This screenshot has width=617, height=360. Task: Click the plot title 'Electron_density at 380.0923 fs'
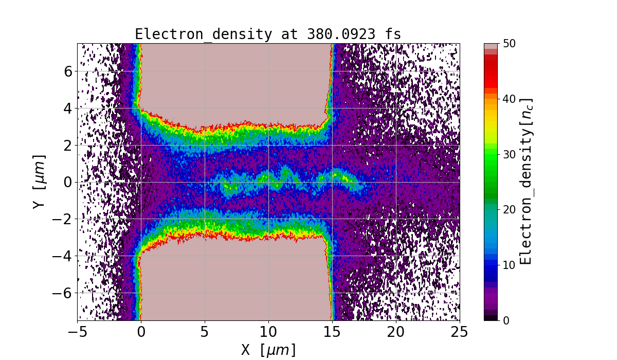tap(268, 34)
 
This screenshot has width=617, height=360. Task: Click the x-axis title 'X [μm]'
tap(268, 350)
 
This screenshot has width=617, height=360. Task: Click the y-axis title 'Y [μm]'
tap(39, 182)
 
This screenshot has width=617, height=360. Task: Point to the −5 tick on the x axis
tap(77, 332)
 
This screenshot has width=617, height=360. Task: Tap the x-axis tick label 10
tap(268, 332)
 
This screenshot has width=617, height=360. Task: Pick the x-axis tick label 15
tap(332, 332)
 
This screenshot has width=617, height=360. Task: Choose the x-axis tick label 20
tap(396, 332)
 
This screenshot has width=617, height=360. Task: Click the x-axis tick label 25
tap(460, 332)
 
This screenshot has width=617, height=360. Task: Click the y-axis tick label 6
tap(67, 71)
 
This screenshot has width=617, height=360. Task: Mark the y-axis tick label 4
tap(67, 109)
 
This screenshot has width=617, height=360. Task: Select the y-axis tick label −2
tap(63, 219)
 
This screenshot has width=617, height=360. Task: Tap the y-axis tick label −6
tap(63, 293)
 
